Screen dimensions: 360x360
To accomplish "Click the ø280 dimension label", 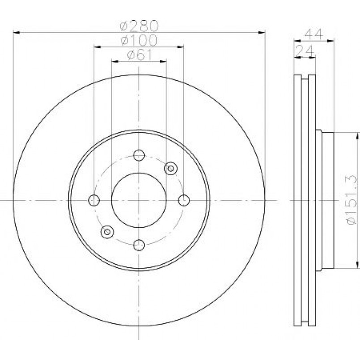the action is (139, 26).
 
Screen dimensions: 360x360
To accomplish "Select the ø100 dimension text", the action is (139, 40).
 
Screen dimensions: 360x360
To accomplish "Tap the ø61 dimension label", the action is (139, 55).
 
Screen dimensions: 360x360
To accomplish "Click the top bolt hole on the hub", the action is (139, 155).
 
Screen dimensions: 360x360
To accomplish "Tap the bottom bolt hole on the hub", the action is (139, 245).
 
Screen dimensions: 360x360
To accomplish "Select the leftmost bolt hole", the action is (94, 200).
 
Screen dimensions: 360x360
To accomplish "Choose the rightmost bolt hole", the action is (184, 200).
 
